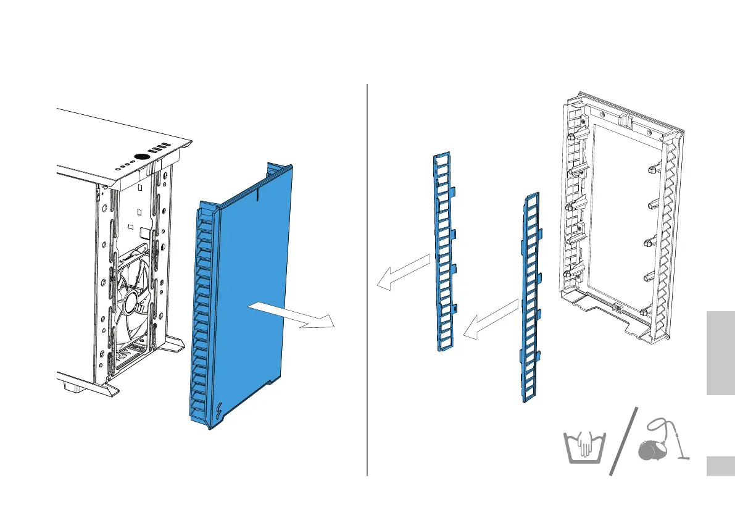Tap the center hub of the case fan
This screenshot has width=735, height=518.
pos(131,302)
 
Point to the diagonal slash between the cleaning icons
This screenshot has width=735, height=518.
pos(623,441)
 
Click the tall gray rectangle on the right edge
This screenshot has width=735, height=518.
pos(718,353)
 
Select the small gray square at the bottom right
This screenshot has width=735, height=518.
pos(718,466)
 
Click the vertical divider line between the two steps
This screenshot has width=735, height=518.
pos(367,278)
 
